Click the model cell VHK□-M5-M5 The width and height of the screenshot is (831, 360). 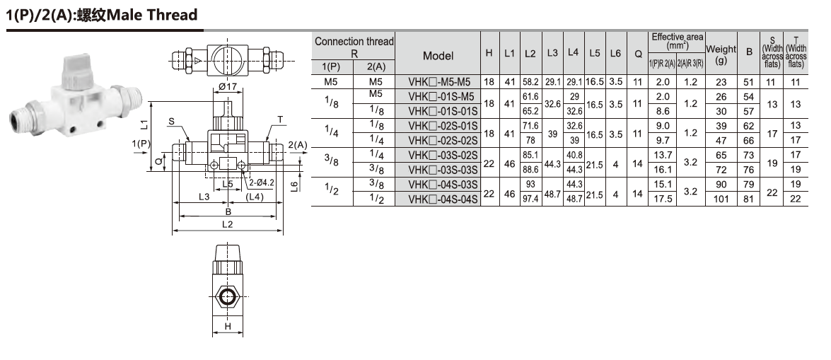pyautogui.click(x=438, y=82)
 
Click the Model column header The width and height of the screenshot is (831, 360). pyautogui.click(x=438, y=56)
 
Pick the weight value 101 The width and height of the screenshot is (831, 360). pyautogui.click(x=721, y=199)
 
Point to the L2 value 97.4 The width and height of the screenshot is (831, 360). pyautogui.click(x=530, y=199)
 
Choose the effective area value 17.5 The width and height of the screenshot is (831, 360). pyautogui.click(x=663, y=199)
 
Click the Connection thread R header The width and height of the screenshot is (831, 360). pyautogui.click(x=354, y=47)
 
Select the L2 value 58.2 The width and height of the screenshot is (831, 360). pyautogui.click(x=530, y=82)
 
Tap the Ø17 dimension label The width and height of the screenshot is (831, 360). pyautogui.click(x=227, y=86)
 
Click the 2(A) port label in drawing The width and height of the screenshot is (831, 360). pyautogui.click(x=298, y=144)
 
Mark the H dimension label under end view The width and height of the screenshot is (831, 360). pyautogui.click(x=228, y=326)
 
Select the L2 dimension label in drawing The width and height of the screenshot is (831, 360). pyautogui.click(x=227, y=224)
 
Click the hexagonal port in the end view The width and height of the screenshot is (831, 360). pyautogui.click(x=228, y=296)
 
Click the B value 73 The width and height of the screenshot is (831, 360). pyautogui.click(x=749, y=156)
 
